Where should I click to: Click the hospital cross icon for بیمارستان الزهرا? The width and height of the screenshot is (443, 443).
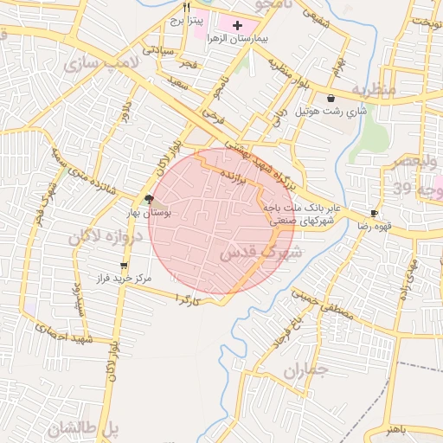tap(238, 26)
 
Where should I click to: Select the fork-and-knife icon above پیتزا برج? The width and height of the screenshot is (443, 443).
tap(186, 6)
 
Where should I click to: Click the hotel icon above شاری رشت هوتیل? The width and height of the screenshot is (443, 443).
tap(331, 99)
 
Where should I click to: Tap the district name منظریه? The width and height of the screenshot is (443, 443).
tap(374, 90)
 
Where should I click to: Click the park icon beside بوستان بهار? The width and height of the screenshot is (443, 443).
tap(150, 197)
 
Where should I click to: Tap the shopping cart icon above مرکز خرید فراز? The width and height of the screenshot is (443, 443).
tap(125, 266)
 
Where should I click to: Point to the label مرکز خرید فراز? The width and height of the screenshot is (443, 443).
tap(125, 279)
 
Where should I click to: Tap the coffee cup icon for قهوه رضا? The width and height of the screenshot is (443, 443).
tap(374, 213)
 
